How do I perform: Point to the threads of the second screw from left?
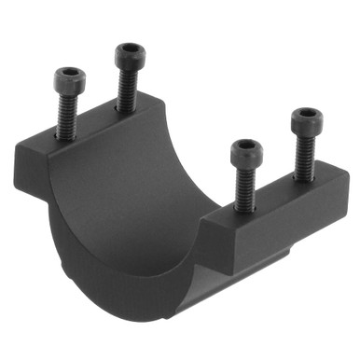(x=127, y=89)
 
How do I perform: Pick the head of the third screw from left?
(x=246, y=150)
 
